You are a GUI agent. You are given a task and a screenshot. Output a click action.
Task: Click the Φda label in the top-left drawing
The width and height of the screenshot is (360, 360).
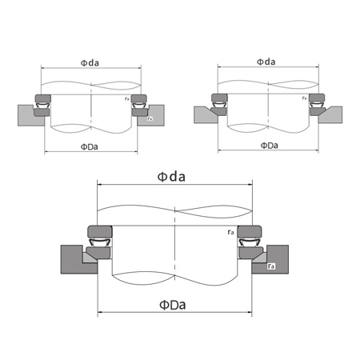[x=90, y=62]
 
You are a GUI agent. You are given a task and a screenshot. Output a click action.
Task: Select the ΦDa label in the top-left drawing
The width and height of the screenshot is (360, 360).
[x=90, y=146]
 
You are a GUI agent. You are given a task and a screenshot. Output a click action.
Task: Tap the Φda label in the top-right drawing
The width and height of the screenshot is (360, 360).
[x=266, y=61]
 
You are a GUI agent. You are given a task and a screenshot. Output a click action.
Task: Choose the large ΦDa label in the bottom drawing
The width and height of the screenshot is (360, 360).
[x=174, y=305]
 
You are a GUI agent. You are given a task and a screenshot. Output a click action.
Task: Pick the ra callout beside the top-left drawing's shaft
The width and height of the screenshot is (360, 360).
[x=126, y=98]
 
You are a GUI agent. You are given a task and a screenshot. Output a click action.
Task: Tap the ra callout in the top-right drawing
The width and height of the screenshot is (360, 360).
[x=305, y=98]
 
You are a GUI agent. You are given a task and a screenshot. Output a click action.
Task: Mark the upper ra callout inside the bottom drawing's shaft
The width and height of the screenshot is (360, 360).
[x=230, y=233]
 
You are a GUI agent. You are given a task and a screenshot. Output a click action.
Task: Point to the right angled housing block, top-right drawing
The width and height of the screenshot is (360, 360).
[x=330, y=114]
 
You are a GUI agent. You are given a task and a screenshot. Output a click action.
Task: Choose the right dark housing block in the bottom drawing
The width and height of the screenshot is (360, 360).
[x=276, y=261]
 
